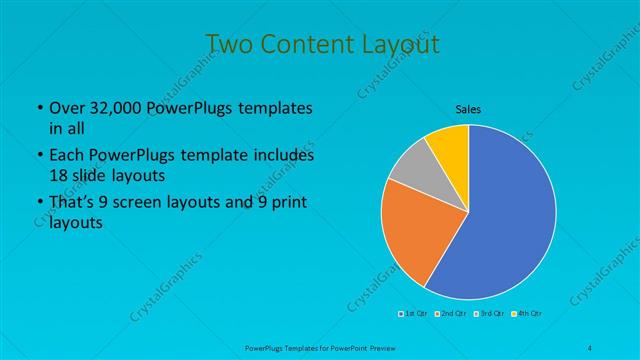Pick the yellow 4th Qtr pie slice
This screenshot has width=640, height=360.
pos(449,143)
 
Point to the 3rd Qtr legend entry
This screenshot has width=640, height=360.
pos(491,314)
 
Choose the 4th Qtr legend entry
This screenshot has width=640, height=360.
pos(529,314)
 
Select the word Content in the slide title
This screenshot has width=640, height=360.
pos(302,45)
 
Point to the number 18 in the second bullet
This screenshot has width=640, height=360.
pos(59,174)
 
